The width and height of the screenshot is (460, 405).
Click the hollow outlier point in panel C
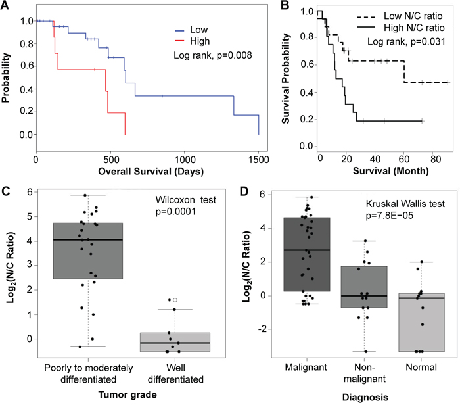coord(175,300)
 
